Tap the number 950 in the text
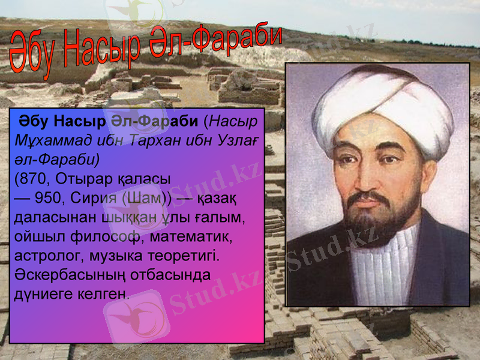pyautogui.click(x=48, y=198)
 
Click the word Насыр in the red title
pyautogui.click(x=102, y=51)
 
